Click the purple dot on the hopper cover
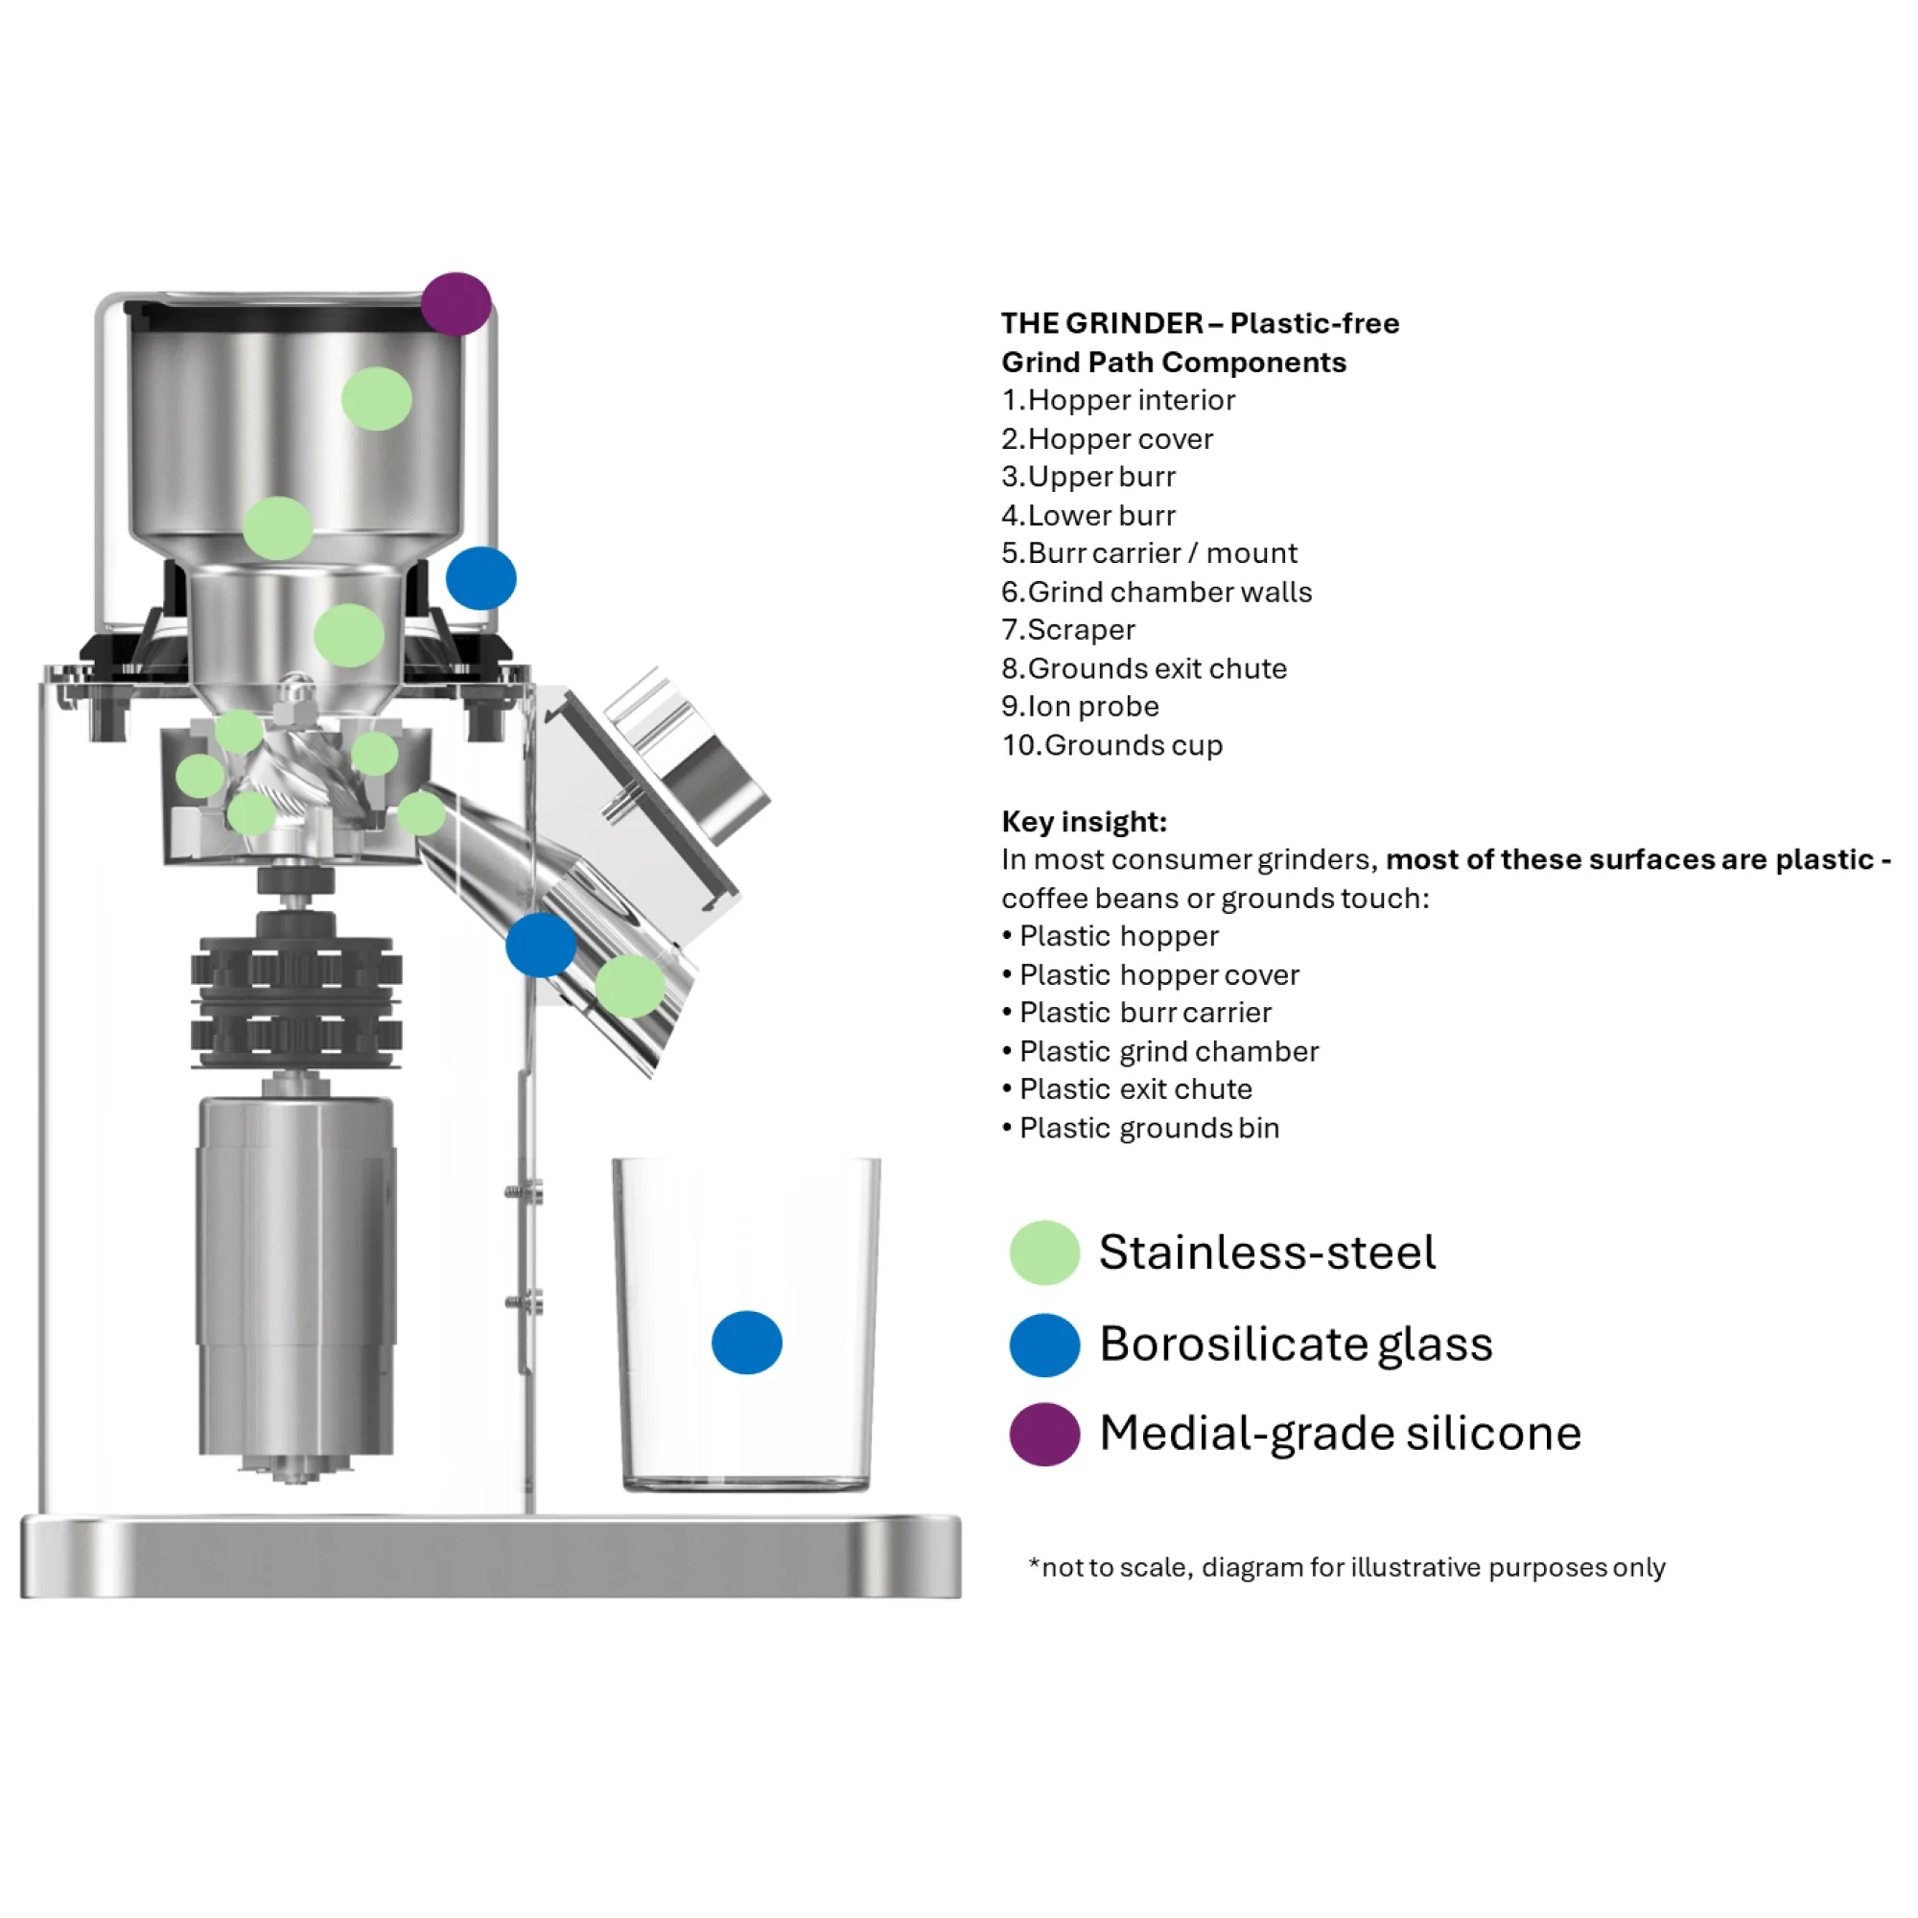click(x=456, y=304)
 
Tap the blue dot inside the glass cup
click(x=746, y=1343)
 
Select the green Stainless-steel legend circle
click(x=1044, y=1252)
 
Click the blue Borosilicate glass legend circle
click(x=1044, y=1345)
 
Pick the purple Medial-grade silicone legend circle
click(x=1044, y=1435)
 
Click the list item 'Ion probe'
click(x=1080, y=706)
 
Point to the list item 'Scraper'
click(x=1068, y=629)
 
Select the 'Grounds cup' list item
click(x=1111, y=744)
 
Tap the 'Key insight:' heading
click(x=1084, y=821)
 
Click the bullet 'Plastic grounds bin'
click(x=1140, y=1128)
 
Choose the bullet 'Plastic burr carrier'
click(x=1136, y=1013)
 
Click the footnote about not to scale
click(x=1347, y=1568)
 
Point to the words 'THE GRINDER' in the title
click(x=1102, y=322)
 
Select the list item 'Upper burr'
click(x=1088, y=477)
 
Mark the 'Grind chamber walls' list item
click(x=1157, y=592)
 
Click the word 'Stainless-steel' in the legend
click(x=1268, y=1252)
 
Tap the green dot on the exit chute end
click(x=630, y=986)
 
